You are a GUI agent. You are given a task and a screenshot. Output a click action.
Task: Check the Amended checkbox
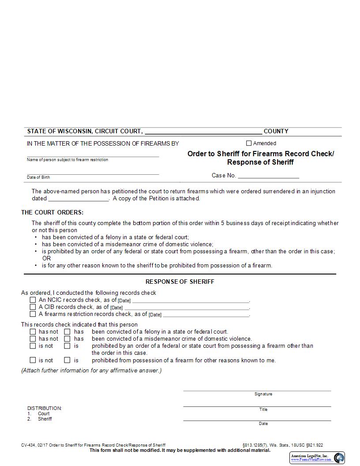pos(249,143)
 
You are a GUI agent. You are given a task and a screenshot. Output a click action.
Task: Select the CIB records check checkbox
pos(33,307)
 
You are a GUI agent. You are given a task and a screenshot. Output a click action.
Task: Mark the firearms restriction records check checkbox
pos(33,314)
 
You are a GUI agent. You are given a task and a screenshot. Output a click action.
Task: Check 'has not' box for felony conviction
pos(33,332)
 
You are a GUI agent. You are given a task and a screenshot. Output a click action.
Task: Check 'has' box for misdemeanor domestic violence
pos(67,339)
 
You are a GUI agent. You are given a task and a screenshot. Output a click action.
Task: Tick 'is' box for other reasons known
pos(67,360)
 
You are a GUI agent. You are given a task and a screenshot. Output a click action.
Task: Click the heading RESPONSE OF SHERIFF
pos(180,282)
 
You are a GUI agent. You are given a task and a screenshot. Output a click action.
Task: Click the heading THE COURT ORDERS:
pos(52,212)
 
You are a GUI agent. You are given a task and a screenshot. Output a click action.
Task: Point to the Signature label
pos(263,394)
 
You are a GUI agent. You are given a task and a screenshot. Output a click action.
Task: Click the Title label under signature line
pos(263,410)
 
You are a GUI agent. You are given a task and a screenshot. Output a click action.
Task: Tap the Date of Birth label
pos(38,177)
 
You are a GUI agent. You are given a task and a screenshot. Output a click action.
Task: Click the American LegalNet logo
pos(317,458)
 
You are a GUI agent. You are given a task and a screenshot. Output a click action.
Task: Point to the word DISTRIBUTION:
pos(45,408)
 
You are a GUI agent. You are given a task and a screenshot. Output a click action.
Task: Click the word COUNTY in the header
pos(276,131)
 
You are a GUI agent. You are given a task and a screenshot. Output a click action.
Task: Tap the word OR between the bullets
pos(46,258)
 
